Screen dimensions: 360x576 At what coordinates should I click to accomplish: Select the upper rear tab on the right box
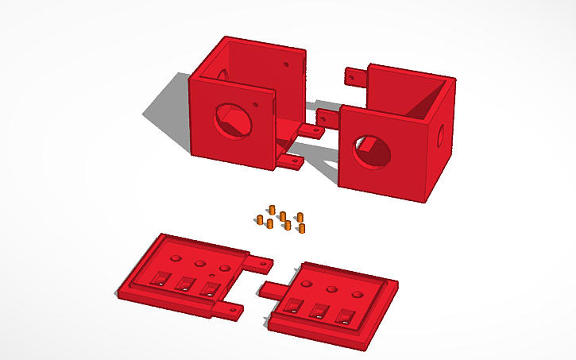coord(355,76)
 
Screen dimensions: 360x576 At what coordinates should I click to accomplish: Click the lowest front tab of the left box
coord(291,161)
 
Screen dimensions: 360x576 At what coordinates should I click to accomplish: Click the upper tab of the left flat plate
coord(258,259)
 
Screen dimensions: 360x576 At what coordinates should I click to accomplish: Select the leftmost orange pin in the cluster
coord(260,219)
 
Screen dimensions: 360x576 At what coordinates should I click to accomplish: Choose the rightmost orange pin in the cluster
coord(301,228)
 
